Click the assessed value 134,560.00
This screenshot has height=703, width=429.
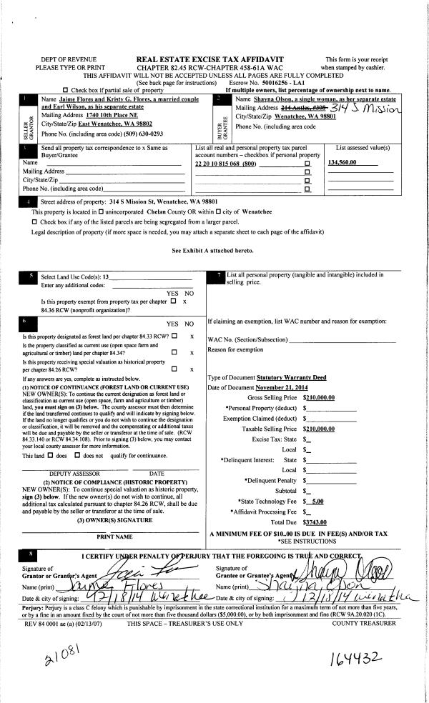coord(342,164)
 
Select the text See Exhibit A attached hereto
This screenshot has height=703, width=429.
coord(213,251)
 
